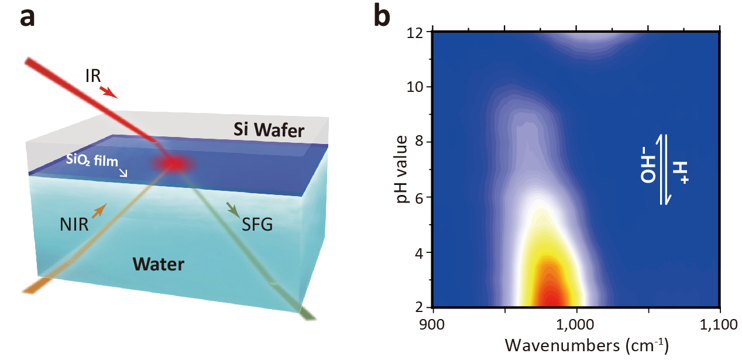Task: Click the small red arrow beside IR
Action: point(109,91)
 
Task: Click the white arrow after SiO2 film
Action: point(123,173)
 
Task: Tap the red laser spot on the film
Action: point(174,164)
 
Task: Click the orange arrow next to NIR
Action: point(99,209)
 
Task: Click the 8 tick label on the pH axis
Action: point(419,142)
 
